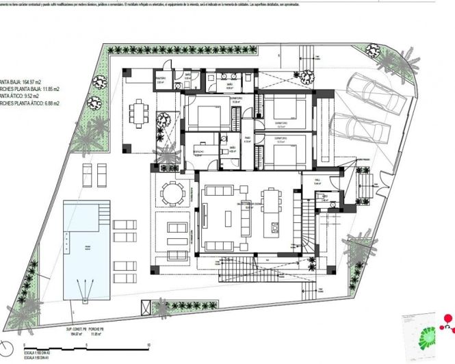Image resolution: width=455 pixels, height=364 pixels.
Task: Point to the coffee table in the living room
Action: point(227,218)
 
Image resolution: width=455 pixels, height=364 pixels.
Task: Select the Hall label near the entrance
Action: point(318,182)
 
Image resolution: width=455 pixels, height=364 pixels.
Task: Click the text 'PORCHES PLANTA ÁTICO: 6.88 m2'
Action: point(30,103)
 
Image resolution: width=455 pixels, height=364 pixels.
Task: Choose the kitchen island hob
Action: point(274,225)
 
